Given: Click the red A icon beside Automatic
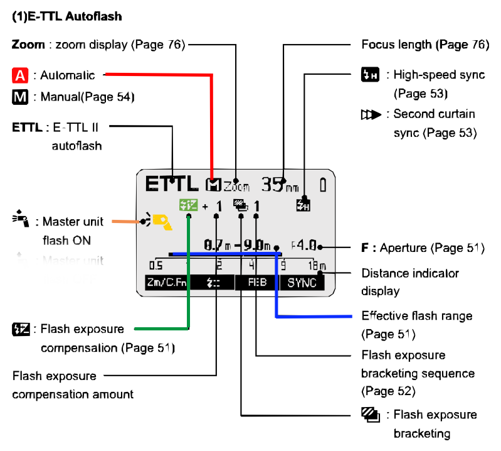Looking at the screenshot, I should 20,76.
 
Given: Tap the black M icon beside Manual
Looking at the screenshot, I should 20,97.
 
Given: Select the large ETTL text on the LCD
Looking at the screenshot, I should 171,183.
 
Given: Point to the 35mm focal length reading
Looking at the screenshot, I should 279,184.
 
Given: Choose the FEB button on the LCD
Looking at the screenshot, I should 257,283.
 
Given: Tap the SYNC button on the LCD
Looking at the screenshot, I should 302,283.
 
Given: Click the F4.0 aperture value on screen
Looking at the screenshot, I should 307,246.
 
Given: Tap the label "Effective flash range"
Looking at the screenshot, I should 417,315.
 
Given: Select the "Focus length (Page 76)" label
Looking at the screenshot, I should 425,45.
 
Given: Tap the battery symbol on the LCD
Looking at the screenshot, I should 323,184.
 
